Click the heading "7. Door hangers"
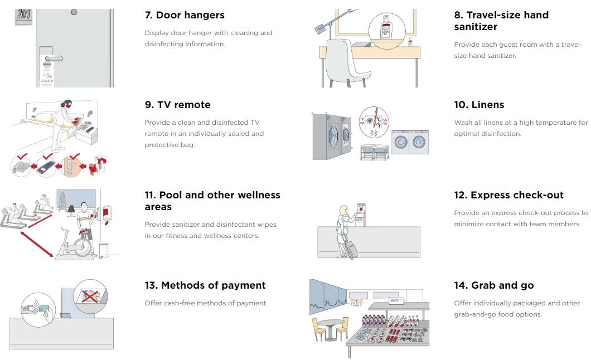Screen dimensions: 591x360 click(x=185, y=15)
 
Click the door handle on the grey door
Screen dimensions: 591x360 click(x=54, y=58)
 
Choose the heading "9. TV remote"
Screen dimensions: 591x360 click(x=177, y=105)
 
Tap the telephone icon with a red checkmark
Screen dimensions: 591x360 click(x=21, y=166)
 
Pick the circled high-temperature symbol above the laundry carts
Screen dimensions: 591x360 click(x=374, y=121)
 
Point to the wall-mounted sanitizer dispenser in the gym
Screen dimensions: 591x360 click(x=107, y=215)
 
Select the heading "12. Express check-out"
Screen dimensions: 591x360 click(x=509, y=195)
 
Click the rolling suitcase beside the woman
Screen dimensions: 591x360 click(x=351, y=249)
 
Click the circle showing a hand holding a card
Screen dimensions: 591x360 click(x=38, y=310)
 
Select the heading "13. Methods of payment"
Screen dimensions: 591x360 click(x=205, y=285)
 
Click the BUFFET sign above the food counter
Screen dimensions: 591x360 click(x=396, y=300)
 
